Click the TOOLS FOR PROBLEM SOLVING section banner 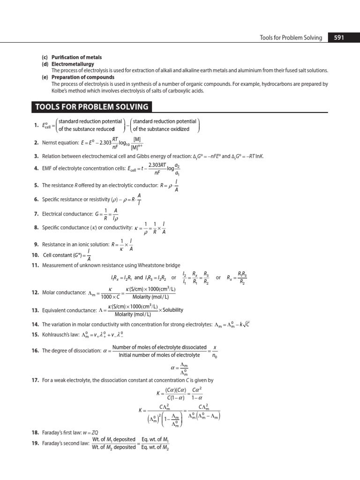92,107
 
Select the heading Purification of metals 76,57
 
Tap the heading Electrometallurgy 73,64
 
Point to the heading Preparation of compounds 83,77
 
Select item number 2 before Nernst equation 36,142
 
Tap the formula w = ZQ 107,433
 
